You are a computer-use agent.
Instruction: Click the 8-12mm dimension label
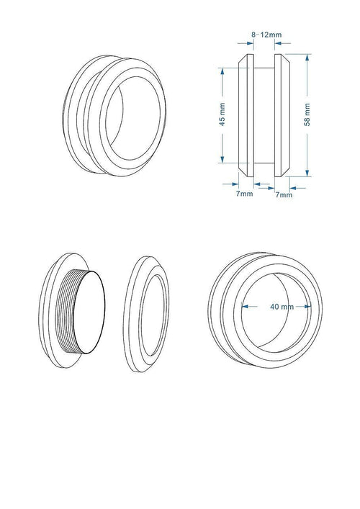[266, 35]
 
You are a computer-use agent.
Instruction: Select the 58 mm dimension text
[307, 114]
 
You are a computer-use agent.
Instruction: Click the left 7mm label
[245, 194]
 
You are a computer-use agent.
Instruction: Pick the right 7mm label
[284, 194]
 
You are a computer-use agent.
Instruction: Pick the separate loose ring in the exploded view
[149, 314]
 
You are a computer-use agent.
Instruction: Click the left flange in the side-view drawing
[245, 114]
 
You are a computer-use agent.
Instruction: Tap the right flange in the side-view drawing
[285, 114]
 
